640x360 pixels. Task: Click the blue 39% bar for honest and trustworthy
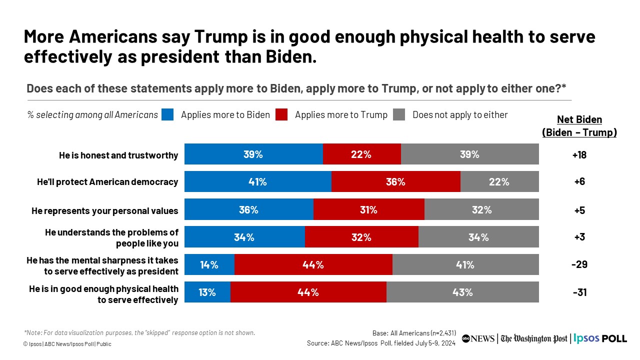coord(253,154)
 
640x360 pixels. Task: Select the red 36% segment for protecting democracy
coord(395,181)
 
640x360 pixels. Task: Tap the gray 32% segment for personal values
coord(481,209)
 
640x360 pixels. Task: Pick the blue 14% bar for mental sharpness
coord(209,264)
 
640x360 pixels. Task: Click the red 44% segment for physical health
coord(308,292)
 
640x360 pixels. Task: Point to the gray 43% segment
coord(462,292)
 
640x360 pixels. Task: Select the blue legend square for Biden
coord(167,115)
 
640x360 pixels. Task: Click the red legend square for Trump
coord(282,115)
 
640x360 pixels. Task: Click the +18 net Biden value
coord(579,155)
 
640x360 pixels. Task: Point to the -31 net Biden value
coord(579,292)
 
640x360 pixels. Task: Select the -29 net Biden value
coord(579,264)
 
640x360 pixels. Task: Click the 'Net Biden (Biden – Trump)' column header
coord(579,126)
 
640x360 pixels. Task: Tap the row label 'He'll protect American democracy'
coord(107,182)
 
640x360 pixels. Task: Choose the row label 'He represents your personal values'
coord(104,210)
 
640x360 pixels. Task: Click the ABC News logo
coord(478,338)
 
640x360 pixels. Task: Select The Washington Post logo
coord(534,338)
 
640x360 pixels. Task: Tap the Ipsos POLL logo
coord(600,338)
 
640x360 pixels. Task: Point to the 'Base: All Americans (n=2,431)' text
coord(414,333)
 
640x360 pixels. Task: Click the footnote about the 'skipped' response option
coord(139,332)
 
